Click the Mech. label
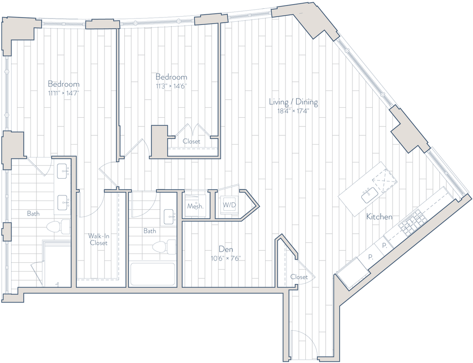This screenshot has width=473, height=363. (x=195, y=206)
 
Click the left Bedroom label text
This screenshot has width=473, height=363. (x=64, y=85)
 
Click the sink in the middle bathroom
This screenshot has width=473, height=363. (x=170, y=216)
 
